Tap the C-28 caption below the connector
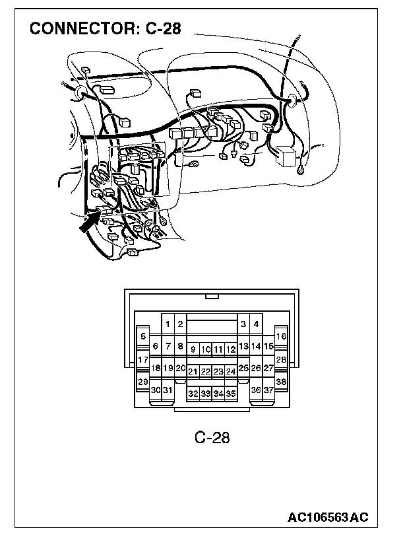(x=212, y=437)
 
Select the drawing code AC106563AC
(x=328, y=516)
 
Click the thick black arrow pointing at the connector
(x=88, y=221)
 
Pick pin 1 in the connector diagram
(x=168, y=324)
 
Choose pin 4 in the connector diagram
(x=256, y=324)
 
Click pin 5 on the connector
(x=143, y=336)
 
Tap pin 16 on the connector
(x=281, y=336)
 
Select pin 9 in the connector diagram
(x=193, y=348)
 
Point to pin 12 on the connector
(x=231, y=348)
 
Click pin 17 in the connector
(x=143, y=359)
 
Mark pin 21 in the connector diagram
(x=193, y=371)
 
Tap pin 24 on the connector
(x=231, y=371)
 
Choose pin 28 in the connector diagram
(x=281, y=359)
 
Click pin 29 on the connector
(x=143, y=382)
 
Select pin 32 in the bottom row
(x=193, y=393)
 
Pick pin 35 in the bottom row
(x=231, y=393)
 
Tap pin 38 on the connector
(x=281, y=382)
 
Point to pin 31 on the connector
(x=168, y=390)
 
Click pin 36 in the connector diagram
(x=256, y=390)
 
